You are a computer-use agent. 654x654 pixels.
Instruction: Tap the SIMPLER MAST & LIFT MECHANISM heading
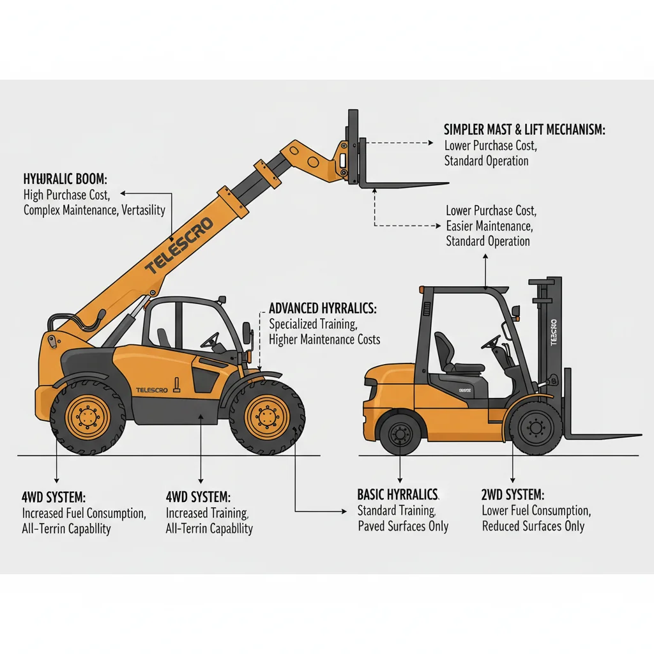[x=524, y=130]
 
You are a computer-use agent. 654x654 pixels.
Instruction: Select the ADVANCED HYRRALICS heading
[x=323, y=308]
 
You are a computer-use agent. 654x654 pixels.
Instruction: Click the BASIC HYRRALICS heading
[x=397, y=494]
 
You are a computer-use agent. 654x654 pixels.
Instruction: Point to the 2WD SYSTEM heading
[x=513, y=494]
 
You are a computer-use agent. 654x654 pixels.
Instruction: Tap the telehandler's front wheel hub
[x=266, y=416]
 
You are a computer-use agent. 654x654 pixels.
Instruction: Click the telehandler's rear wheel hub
[x=88, y=417]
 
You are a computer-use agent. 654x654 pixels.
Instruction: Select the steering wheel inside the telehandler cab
[x=209, y=340]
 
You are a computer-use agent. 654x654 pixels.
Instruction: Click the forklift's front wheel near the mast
[x=535, y=427]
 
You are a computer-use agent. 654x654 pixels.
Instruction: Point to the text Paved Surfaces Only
[x=403, y=526]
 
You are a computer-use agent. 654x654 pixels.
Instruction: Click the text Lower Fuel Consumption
[x=536, y=510]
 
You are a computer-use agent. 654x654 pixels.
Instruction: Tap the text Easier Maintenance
[x=489, y=225]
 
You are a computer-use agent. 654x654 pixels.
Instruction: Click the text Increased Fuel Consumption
[x=84, y=513]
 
